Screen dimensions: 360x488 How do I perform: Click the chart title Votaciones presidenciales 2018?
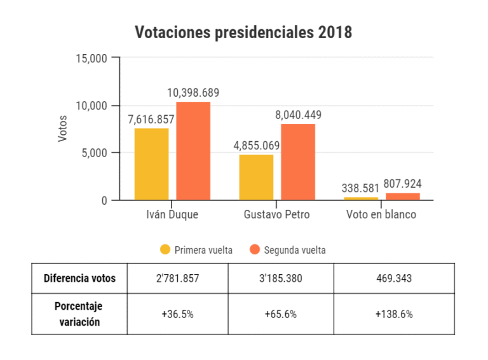tap(243, 32)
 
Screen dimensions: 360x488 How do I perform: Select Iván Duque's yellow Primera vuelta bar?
tap(151, 164)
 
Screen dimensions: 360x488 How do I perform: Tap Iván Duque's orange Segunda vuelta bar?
tap(193, 151)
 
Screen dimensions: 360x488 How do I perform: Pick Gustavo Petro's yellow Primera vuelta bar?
tap(256, 177)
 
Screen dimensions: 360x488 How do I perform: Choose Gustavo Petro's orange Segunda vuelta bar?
tap(298, 162)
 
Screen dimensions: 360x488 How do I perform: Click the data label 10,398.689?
tap(193, 93)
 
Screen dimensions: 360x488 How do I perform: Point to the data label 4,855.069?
tap(257, 146)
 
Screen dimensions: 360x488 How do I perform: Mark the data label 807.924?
tap(403, 184)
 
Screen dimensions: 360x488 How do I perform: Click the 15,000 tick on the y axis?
tap(93, 59)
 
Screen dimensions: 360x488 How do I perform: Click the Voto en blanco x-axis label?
tap(381, 214)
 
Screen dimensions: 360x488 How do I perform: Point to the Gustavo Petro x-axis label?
tap(276, 214)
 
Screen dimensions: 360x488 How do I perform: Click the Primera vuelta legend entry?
tap(197, 250)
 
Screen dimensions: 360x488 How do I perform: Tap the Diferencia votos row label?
tap(79, 278)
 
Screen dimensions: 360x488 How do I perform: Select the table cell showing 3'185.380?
tap(280, 278)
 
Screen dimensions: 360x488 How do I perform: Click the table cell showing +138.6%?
tap(394, 314)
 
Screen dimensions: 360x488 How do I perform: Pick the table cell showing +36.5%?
tap(177, 314)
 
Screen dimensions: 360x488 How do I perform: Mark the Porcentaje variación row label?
tap(79, 314)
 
